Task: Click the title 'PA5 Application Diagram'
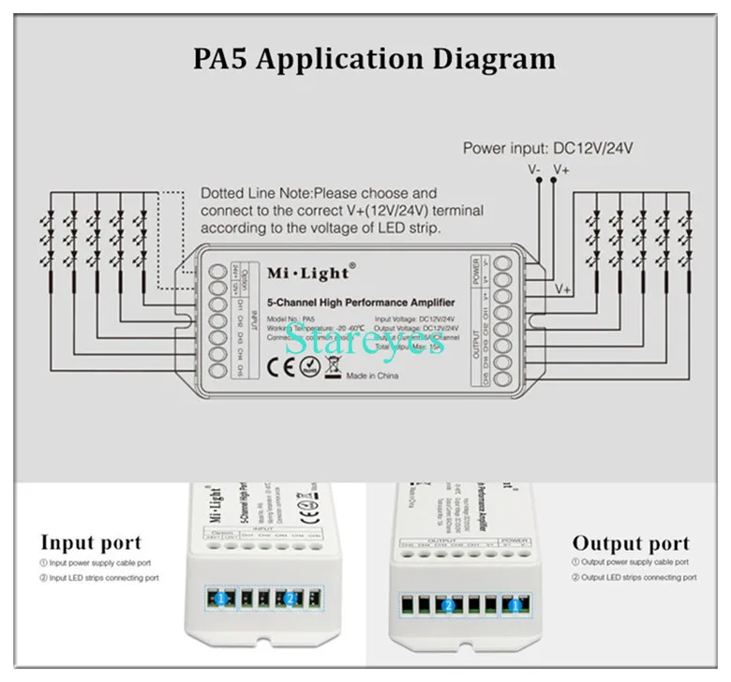tap(374, 58)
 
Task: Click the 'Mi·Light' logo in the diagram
tap(308, 272)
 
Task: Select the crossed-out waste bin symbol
tap(331, 366)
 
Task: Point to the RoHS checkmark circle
tap(308, 366)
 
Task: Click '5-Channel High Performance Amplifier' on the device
tap(361, 303)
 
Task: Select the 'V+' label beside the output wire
tap(563, 289)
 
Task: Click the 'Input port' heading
tap(91, 542)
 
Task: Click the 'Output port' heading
tap(631, 543)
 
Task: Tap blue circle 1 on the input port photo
tap(218, 597)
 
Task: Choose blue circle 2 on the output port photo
tap(448, 606)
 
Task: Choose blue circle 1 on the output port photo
tap(514, 606)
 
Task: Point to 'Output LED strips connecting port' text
tap(637, 577)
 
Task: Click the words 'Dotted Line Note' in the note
tap(246, 193)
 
